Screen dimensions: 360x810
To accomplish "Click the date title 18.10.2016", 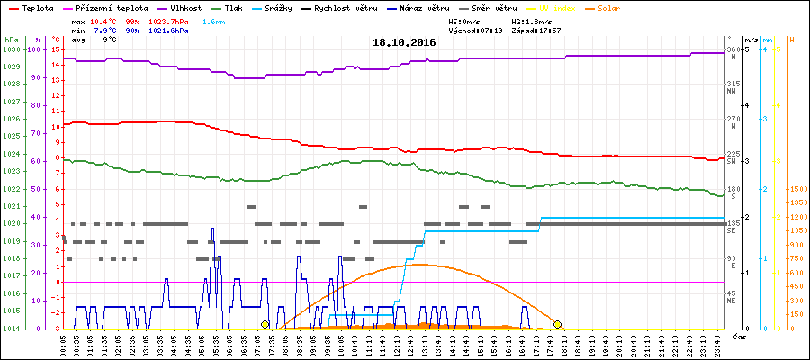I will [x=404, y=42].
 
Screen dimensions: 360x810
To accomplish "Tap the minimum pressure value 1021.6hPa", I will [x=168, y=30].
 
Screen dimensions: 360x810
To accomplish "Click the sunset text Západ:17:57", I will [x=536, y=30].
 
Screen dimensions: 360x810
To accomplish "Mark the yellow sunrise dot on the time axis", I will [x=265, y=324].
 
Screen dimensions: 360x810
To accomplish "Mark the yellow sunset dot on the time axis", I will [x=558, y=324].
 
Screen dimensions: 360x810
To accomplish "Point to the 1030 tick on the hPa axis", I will [x=10, y=49].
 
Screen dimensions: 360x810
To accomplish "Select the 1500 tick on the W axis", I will [x=796, y=189].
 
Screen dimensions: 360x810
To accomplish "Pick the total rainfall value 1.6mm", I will [x=213, y=20].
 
